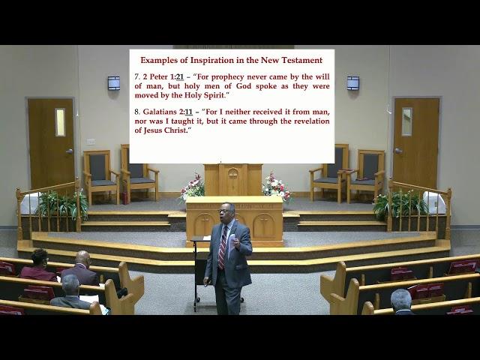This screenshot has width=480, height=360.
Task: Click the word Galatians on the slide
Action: (x=160, y=112)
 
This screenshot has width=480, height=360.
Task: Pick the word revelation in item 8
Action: (x=312, y=121)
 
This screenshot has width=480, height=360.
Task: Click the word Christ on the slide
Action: (x=175, y=130)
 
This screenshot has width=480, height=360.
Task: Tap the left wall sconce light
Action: (x=113, y=83)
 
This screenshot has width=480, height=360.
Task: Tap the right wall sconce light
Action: (x=353, y=83)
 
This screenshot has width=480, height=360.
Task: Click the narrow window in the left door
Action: (x=60, y=122)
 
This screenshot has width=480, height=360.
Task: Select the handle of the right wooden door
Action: (x=397, y=151)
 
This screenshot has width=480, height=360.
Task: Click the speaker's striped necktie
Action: (x=223, y=247)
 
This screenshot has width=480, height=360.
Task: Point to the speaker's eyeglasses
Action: (x=223, y=211)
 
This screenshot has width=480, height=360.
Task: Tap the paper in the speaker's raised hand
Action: (x=232, y=241)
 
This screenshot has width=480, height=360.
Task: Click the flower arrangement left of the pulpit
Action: (x=192, y=187)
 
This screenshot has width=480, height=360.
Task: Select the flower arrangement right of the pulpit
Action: (x=276, y=187)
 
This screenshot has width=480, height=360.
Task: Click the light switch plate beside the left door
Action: (x=91, y=142)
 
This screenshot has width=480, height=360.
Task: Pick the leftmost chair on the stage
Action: (x=100, y=176)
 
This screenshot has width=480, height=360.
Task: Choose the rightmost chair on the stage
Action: (x=367, y=175)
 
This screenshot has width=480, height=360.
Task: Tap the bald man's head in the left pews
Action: (x=83, y=258)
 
